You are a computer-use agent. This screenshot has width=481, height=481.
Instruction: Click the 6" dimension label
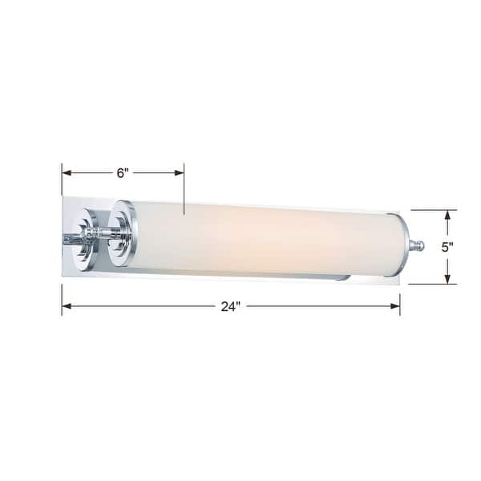click(123, 172)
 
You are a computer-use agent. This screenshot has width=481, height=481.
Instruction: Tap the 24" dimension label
click(232, 306)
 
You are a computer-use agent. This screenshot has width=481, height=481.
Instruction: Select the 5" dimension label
click(450, 247)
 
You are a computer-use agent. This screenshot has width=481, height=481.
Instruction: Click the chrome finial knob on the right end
click(415, 245)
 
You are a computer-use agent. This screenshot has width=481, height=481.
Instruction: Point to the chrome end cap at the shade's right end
click(398, 245)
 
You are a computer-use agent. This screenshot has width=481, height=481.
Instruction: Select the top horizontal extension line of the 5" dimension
click(434, 210)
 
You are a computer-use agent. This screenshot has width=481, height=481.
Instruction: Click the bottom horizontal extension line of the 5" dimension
click(434, 284)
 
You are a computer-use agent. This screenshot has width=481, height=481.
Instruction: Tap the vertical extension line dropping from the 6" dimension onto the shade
click(184, 192)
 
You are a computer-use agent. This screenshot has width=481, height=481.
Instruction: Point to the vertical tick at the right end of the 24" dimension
click(399, 305)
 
